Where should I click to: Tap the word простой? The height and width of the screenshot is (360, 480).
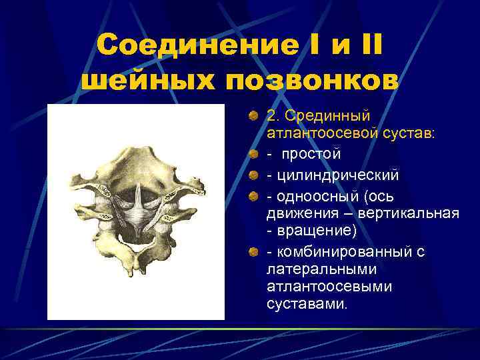311,154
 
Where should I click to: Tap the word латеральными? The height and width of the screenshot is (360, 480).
321,269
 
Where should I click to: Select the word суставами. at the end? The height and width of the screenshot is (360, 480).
307,304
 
